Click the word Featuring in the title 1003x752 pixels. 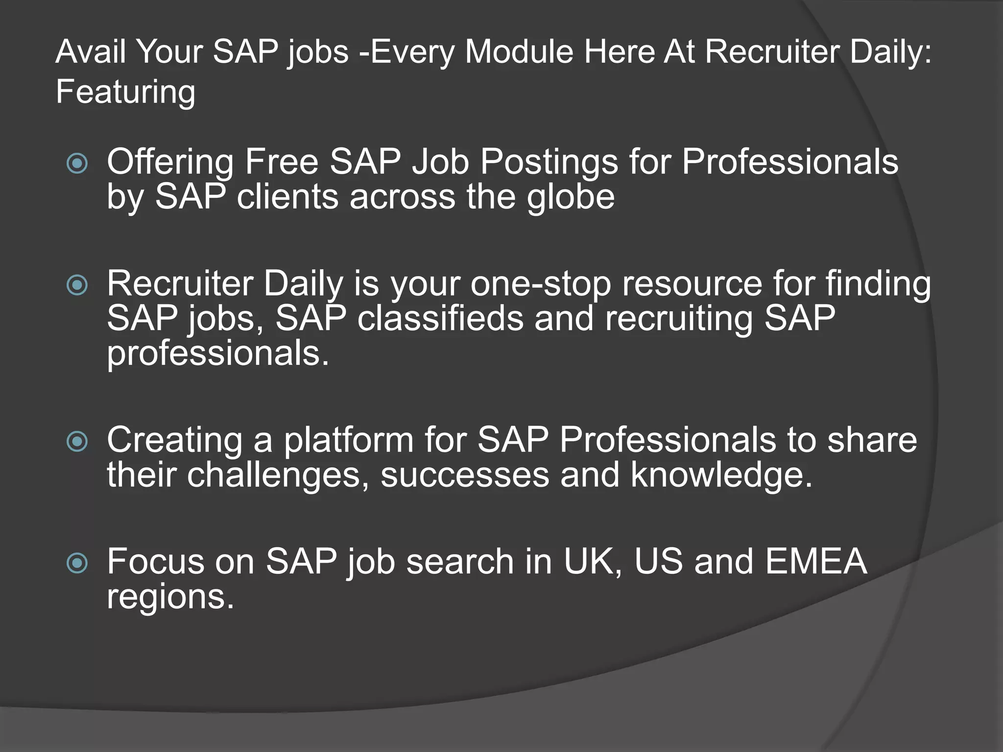[x=125, y=92]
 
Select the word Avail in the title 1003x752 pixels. [x=91, y=51]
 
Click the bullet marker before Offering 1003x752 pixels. [x=77, y=163]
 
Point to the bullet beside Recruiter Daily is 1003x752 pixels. [x=77, y=285]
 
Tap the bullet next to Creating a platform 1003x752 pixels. [x=77, y=441]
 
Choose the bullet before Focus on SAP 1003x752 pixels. [x=77, y=563]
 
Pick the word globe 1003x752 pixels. [x=571, y=197]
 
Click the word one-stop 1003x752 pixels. [x=541, y=284]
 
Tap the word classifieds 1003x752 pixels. [x=440, y=318]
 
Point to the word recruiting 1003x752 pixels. [x=679, y=319]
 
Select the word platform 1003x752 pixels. [x=349, y=440]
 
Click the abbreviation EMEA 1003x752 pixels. [x=816, y=561]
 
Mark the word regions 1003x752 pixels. [x=170, y=597]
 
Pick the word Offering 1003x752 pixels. [x=170, y=163]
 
